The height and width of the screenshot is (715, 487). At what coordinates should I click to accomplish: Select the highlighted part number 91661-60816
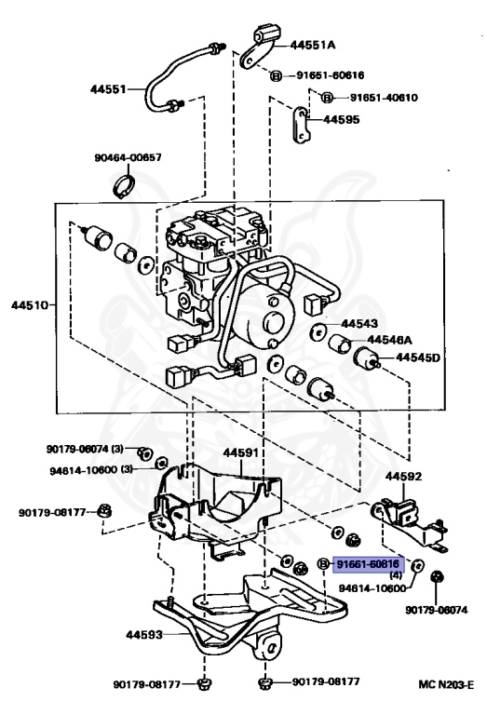pyautogui.click(x=368, y=563)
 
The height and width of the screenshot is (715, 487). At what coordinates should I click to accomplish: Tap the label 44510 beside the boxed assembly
pyautogui.click(x=30, y=304)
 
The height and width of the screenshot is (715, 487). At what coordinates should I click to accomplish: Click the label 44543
pyautogui.click(x=361, y=323)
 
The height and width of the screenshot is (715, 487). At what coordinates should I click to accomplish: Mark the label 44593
pyautogui.click(x=127, y=636)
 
